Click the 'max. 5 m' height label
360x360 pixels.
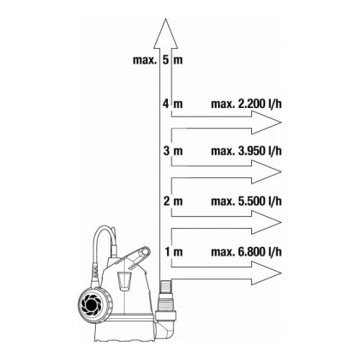point(158,60)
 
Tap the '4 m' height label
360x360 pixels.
point(173,104)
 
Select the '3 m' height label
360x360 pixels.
point(173,151)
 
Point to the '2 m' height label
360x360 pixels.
point(173,201)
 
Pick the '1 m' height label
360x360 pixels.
point(174,252)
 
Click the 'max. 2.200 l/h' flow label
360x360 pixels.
point(246,104)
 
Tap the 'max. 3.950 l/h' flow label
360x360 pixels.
point(246,151)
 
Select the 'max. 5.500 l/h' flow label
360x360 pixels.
point(246,201)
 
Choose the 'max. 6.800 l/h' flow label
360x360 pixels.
point(246,252)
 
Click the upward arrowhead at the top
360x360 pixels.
point(166,34)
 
